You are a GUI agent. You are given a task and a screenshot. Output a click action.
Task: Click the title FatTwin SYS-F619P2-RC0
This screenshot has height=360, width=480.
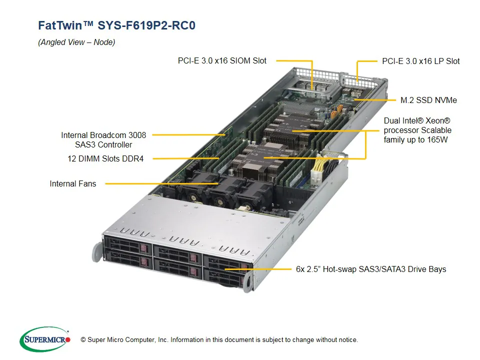(x=116, y=25)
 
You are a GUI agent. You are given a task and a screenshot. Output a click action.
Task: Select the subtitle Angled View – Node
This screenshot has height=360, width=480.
(x=76, y=42)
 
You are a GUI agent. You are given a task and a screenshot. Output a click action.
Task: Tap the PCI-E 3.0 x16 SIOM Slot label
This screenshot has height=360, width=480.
(x=222, y=60)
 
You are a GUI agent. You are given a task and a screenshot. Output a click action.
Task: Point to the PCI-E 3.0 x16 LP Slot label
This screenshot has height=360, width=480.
(x=420, y=61)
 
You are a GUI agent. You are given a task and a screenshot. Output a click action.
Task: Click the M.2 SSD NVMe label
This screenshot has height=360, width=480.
(x=428, y=100)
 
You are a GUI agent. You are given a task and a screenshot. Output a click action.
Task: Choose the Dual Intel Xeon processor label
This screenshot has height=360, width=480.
(x=417, y=130)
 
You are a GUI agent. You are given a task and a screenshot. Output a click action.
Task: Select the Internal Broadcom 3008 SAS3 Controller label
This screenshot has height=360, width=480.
(x=103, y=140)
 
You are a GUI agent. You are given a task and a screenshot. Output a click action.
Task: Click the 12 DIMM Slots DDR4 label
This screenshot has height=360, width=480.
(x=105, y=158)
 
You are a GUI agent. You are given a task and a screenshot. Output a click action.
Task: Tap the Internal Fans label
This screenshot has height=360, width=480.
(x=72, y=183)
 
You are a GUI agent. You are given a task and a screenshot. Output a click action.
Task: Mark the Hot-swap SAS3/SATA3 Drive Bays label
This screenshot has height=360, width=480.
(x=370, y=269)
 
